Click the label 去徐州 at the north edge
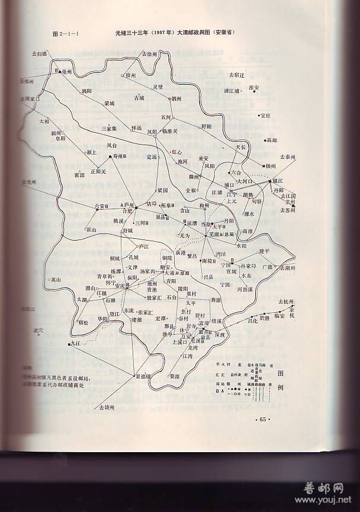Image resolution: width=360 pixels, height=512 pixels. tap(149, 54)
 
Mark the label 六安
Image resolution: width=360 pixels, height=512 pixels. tap(99, 206)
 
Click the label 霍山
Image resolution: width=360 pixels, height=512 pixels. tap(91, 229)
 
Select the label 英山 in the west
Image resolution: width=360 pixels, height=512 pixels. tap(56, 280)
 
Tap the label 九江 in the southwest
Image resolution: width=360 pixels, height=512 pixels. tap(75, 344)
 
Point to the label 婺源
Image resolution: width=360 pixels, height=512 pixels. tap(174, 376)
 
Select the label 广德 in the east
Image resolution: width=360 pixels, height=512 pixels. tap(267, 267)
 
